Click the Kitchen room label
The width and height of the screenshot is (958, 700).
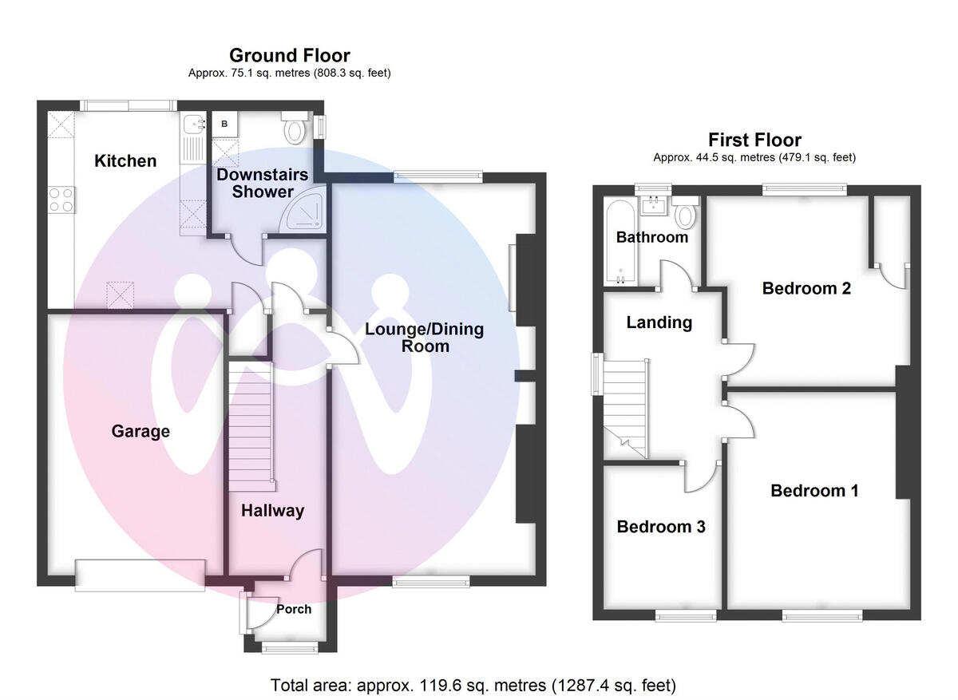pos(125,161)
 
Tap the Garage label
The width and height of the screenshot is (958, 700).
pos(141,432)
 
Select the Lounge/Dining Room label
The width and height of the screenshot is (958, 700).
pos(425,338)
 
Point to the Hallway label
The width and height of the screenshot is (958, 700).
pos(272,511)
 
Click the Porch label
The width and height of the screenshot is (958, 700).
pos(293,609)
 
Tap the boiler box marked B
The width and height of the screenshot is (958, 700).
pos(224,124)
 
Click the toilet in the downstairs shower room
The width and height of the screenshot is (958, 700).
pos(295,128)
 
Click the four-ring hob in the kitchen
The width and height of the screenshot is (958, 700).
pos(61,199)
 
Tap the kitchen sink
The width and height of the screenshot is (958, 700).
pos(192,124)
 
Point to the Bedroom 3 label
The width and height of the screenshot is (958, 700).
pos(660,527)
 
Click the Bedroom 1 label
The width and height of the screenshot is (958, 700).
pos(814,491)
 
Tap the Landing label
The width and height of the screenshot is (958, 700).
pos(659,322)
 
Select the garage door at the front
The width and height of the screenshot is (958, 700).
pos(140,575)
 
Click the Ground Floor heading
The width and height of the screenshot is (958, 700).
pos(289,55)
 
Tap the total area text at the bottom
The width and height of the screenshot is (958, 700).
pos(473,685)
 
